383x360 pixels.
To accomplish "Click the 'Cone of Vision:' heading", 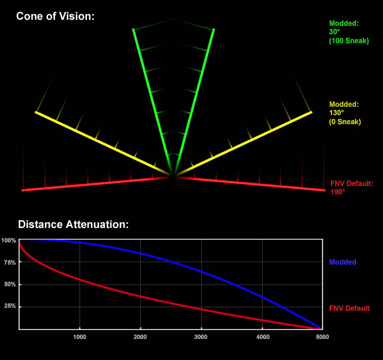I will [x=55, y=16].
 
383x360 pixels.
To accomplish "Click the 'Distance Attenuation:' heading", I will [x=73, y=224].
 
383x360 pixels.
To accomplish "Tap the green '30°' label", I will [x=334, y=32].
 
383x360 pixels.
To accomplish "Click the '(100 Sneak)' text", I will [x=348, y=41].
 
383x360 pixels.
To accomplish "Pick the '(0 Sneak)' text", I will [x=345, y=122].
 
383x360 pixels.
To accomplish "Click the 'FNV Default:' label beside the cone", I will [x=351, y=184].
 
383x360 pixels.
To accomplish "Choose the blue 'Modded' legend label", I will [x=343, y=262].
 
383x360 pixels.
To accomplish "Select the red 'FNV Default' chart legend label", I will [x=349, y=308].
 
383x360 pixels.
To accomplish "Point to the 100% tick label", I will [x=8, y=240].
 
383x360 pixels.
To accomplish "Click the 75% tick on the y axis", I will [x=9, y=262].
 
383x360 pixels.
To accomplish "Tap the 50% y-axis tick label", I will [x=9, y=284].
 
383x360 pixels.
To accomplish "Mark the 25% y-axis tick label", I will [x=9, y=307].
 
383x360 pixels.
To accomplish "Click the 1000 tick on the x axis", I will [x=80, y=337].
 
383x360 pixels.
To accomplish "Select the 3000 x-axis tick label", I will [x=201, y=337].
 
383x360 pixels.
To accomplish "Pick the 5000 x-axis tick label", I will [x=322, y=337].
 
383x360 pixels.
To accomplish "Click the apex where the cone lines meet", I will [x=173, y=176].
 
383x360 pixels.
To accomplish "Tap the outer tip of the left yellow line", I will [x=36, y=112].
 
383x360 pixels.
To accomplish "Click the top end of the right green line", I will [x=213, y=29].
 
